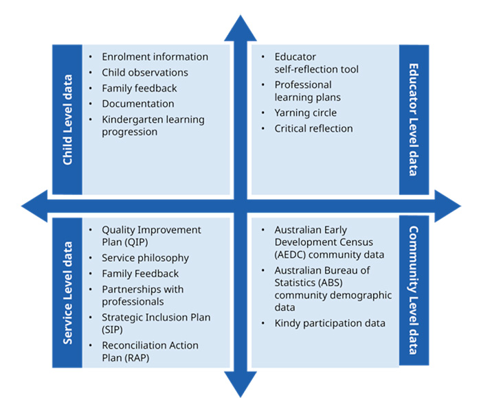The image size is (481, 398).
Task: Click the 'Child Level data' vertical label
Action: (x=68, y=119)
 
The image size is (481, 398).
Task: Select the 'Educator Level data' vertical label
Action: (x=413, y=119)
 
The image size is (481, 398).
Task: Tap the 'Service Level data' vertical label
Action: (x=68, y=293)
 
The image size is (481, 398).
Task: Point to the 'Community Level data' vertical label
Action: (x=413, y=293)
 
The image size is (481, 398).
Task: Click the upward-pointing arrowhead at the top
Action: (x=240, y=29)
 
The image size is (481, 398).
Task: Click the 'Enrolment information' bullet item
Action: (x=155, y=57)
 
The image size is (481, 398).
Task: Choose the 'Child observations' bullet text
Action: (x=144, y=73)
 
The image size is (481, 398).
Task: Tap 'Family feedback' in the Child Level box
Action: (x=139, y=89)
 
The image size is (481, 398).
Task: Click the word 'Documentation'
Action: (x=137, y=104)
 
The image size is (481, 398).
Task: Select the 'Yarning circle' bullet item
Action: (x=306, y=113)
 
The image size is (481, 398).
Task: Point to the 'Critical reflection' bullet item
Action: (x=313, y=128)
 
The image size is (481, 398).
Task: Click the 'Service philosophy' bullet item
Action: (x=145, y=258)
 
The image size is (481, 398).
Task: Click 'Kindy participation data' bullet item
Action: (x=330, y=323)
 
